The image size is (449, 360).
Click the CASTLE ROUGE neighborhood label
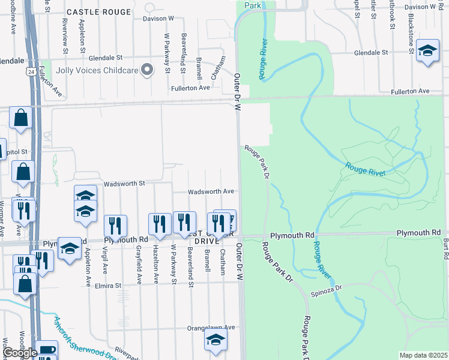pyautogui.click(x=98, y=12)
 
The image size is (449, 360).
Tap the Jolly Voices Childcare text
pyautogui.click(x=97, y=71)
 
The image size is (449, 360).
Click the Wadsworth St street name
pyautogui.click(x=125, y=184)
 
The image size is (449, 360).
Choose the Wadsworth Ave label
pyautogui.click(x=211, y=192)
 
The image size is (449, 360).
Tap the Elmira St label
pyautogui.click(x=108, y=286)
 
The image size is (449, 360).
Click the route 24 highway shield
pyautogui.click(x=31, y=71)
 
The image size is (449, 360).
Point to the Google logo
pyautogui.click(x=20, y=352)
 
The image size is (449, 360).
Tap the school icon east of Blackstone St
pyautogui.click(x=427, y=52)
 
